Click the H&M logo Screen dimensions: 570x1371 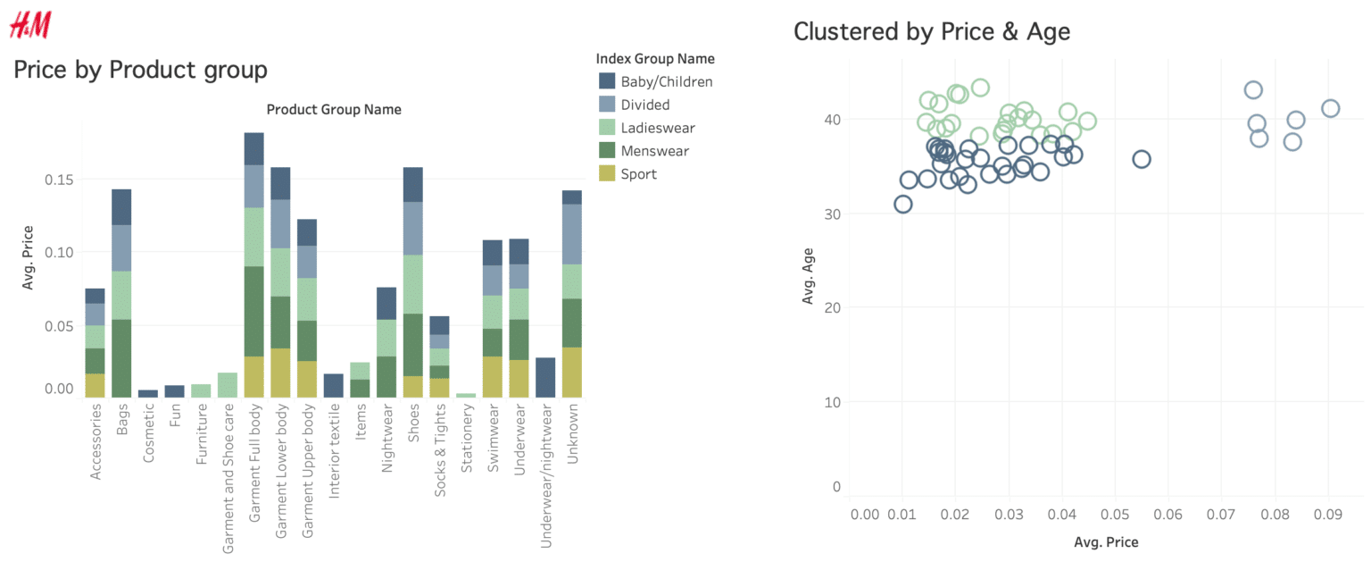pos(29,26)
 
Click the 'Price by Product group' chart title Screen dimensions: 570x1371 pos(140,70)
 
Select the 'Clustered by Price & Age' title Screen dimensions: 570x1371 pos(931,31)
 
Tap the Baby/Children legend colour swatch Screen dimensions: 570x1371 pos(608,81)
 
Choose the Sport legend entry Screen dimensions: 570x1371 pos(638,174)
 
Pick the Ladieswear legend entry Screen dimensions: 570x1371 pos(657,128)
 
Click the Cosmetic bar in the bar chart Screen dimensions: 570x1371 pos(148,393)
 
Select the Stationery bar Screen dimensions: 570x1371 pos(466,395)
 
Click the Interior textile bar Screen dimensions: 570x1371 pos(333,385)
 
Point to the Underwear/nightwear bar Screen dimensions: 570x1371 pos(545,377)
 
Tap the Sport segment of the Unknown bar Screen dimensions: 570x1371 pos(572,372)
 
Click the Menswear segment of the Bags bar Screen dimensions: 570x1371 pos(121,357)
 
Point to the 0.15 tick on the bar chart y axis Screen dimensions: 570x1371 pos(60,179)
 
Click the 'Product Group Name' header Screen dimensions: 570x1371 pos(334,110)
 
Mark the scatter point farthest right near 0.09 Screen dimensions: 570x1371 pos(1330,108)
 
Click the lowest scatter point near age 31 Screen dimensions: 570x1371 pos(902,204)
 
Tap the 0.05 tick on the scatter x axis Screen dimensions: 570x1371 pos(1115,515)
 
